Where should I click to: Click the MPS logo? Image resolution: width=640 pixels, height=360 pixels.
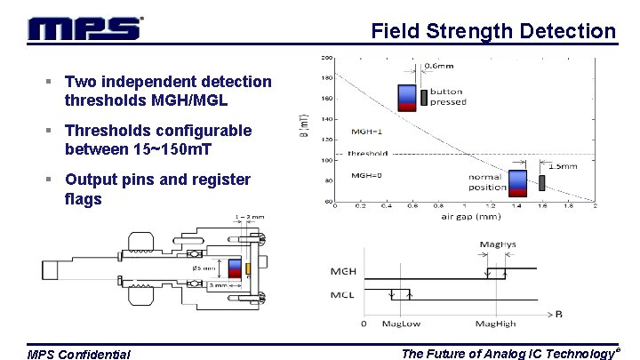84,29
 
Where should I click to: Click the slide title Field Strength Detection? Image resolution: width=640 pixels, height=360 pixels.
493,31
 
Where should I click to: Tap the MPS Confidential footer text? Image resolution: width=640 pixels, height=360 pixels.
79,355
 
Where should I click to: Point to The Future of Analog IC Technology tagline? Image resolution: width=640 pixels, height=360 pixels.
509,353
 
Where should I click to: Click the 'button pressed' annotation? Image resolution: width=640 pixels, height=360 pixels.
448,97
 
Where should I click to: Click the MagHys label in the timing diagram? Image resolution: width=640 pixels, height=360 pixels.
496,244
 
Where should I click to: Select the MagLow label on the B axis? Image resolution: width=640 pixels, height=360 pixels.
401,322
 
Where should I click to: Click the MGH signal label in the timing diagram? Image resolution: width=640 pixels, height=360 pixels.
345,269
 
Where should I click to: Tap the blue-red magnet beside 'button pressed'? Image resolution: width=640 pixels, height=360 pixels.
406,97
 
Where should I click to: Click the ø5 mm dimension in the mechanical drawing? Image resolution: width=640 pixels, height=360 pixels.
203,268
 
